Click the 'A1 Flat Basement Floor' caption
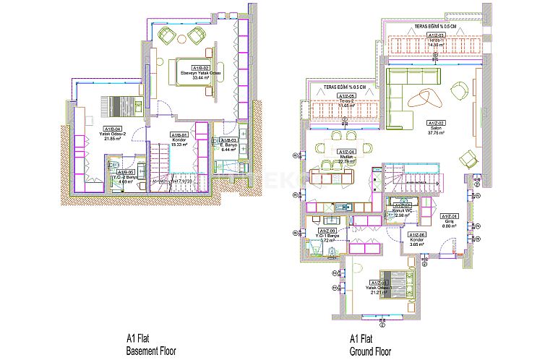[x=151, y=343]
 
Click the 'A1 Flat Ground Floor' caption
[x=370, y=343]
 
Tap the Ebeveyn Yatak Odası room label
[x=199, y=76]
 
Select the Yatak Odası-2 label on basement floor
[x=94, y=135]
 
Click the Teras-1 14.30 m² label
[x=435, y=42]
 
